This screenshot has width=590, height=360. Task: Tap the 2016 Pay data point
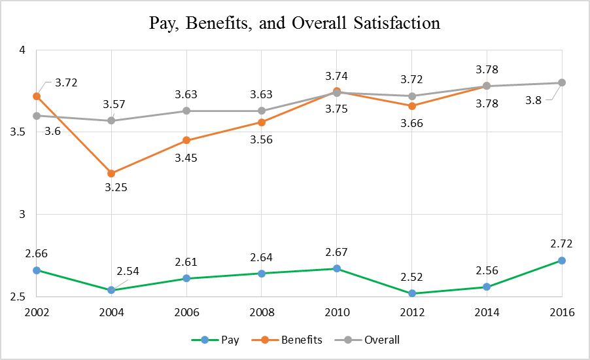(x=562, y=261)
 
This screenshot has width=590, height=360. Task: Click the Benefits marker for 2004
(x=111, y=173)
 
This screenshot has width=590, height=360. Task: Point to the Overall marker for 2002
(x=36, y=116)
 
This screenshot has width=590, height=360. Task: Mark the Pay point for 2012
(x=411, y=293)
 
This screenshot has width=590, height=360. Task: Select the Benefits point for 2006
(x=186, y=140)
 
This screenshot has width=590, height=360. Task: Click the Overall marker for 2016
(x=562, y=82)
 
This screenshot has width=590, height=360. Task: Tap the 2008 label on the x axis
(x=262, y=313)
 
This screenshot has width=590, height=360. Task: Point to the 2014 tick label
(x=487, y=313)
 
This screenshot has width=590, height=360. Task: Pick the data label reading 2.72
(x=562, y=244)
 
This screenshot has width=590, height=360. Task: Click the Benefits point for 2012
(x=411, y=106)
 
